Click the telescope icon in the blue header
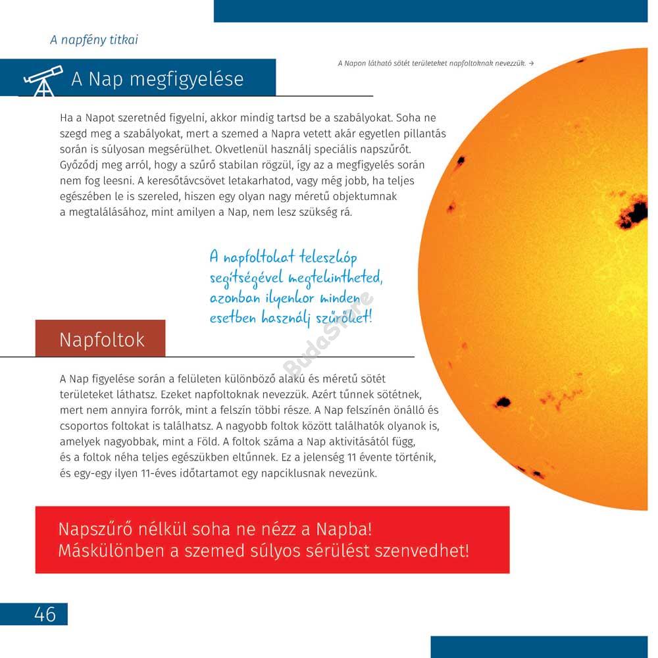[42, 80]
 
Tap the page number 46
[45, 615]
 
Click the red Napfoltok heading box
[101, 339]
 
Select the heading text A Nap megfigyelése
[157, 80]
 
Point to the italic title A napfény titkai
[94, 40]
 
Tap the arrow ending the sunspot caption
[531, 63]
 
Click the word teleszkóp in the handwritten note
[328, 257]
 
